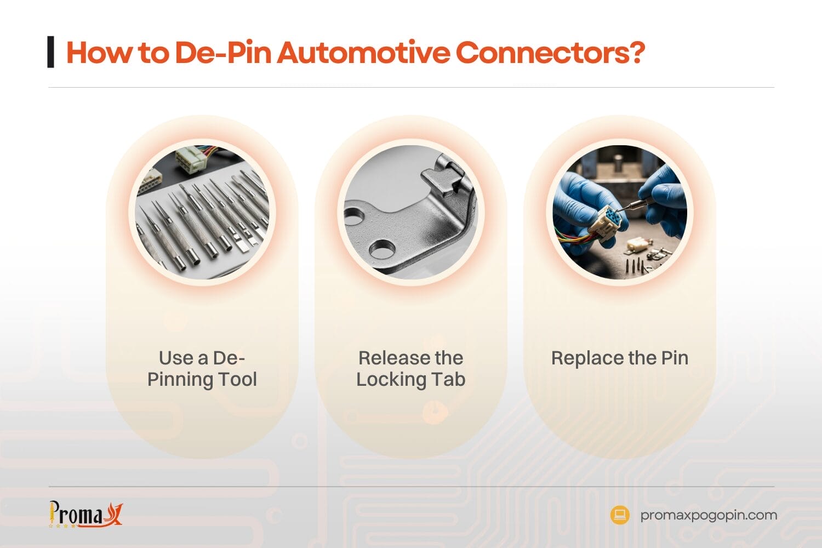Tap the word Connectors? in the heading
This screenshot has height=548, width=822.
[x=550, y=53]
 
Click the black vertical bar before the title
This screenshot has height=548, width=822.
[x=51, y=52]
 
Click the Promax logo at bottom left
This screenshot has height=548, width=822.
[x=85, y=515]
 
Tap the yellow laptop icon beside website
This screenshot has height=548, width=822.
[x=620, y=515]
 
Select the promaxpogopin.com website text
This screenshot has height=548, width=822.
[x=709, y=515]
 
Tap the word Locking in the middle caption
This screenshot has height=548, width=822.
[x=391, y=379]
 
